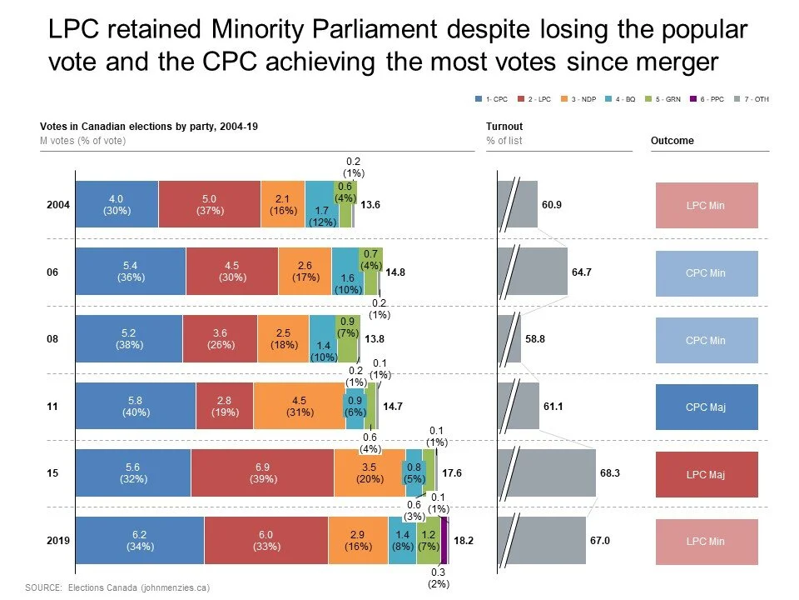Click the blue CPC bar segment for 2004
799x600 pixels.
117,204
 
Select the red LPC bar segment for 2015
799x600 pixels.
262,473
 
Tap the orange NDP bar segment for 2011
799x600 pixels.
300,406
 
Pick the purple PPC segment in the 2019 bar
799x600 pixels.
444,541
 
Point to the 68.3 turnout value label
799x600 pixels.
609,473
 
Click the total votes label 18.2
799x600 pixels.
464,541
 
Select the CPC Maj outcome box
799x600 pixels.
707,407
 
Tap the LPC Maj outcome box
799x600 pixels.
707,474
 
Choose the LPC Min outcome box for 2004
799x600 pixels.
707,205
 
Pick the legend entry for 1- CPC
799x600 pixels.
489,99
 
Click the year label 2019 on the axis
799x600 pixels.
58,541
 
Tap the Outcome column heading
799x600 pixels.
672,141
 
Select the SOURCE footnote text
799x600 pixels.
117,587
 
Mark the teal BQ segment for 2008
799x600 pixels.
322,339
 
